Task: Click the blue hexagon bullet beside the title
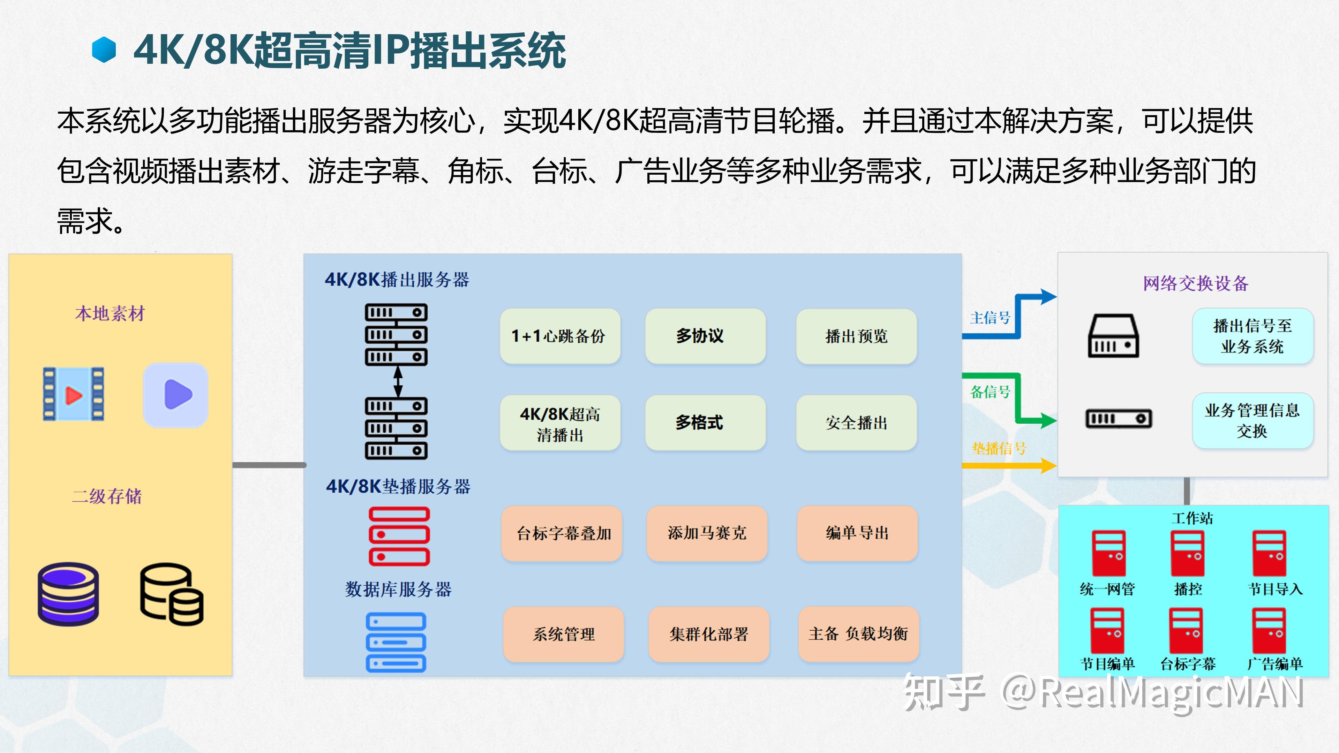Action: pos(104,50)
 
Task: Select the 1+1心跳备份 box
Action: pos(560,336)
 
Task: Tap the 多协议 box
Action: pos(705,336)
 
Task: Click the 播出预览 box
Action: pos(856,336)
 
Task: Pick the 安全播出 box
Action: pos(856,423)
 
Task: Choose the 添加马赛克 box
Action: pos(706,533)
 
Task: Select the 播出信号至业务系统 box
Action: pos(1252,336)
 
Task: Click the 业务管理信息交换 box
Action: pos(1252,420)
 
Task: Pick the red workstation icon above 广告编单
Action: pos(1269,630)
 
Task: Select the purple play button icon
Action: pos(176,395)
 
